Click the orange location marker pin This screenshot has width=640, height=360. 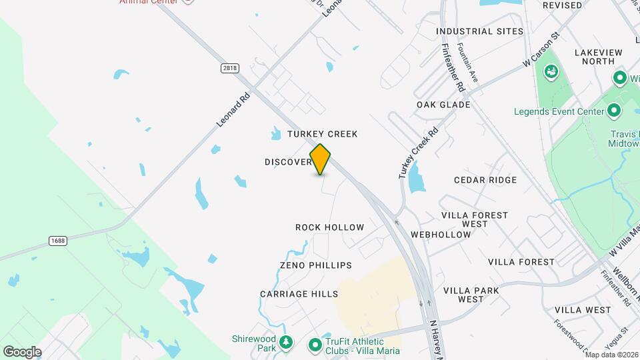pos(321,159)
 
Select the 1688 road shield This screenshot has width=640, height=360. pos(57,239)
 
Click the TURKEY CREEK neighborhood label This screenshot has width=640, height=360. pos(323,134)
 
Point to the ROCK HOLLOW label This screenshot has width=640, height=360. pos(330,227)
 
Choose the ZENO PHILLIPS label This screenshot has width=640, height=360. pos(316,265)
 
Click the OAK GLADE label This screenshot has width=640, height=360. pos(443,105)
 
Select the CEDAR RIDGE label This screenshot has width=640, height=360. pos(485,180)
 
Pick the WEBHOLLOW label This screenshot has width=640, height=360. pos(441,235)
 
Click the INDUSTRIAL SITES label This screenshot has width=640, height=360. pos(479,31)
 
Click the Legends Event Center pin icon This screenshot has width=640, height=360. pos(614,111)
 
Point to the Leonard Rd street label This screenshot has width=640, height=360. pos(233,109)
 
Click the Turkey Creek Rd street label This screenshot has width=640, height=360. pos(419,153)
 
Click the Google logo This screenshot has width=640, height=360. pos(22,351)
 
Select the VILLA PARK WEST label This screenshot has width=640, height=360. pos(471,295)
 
